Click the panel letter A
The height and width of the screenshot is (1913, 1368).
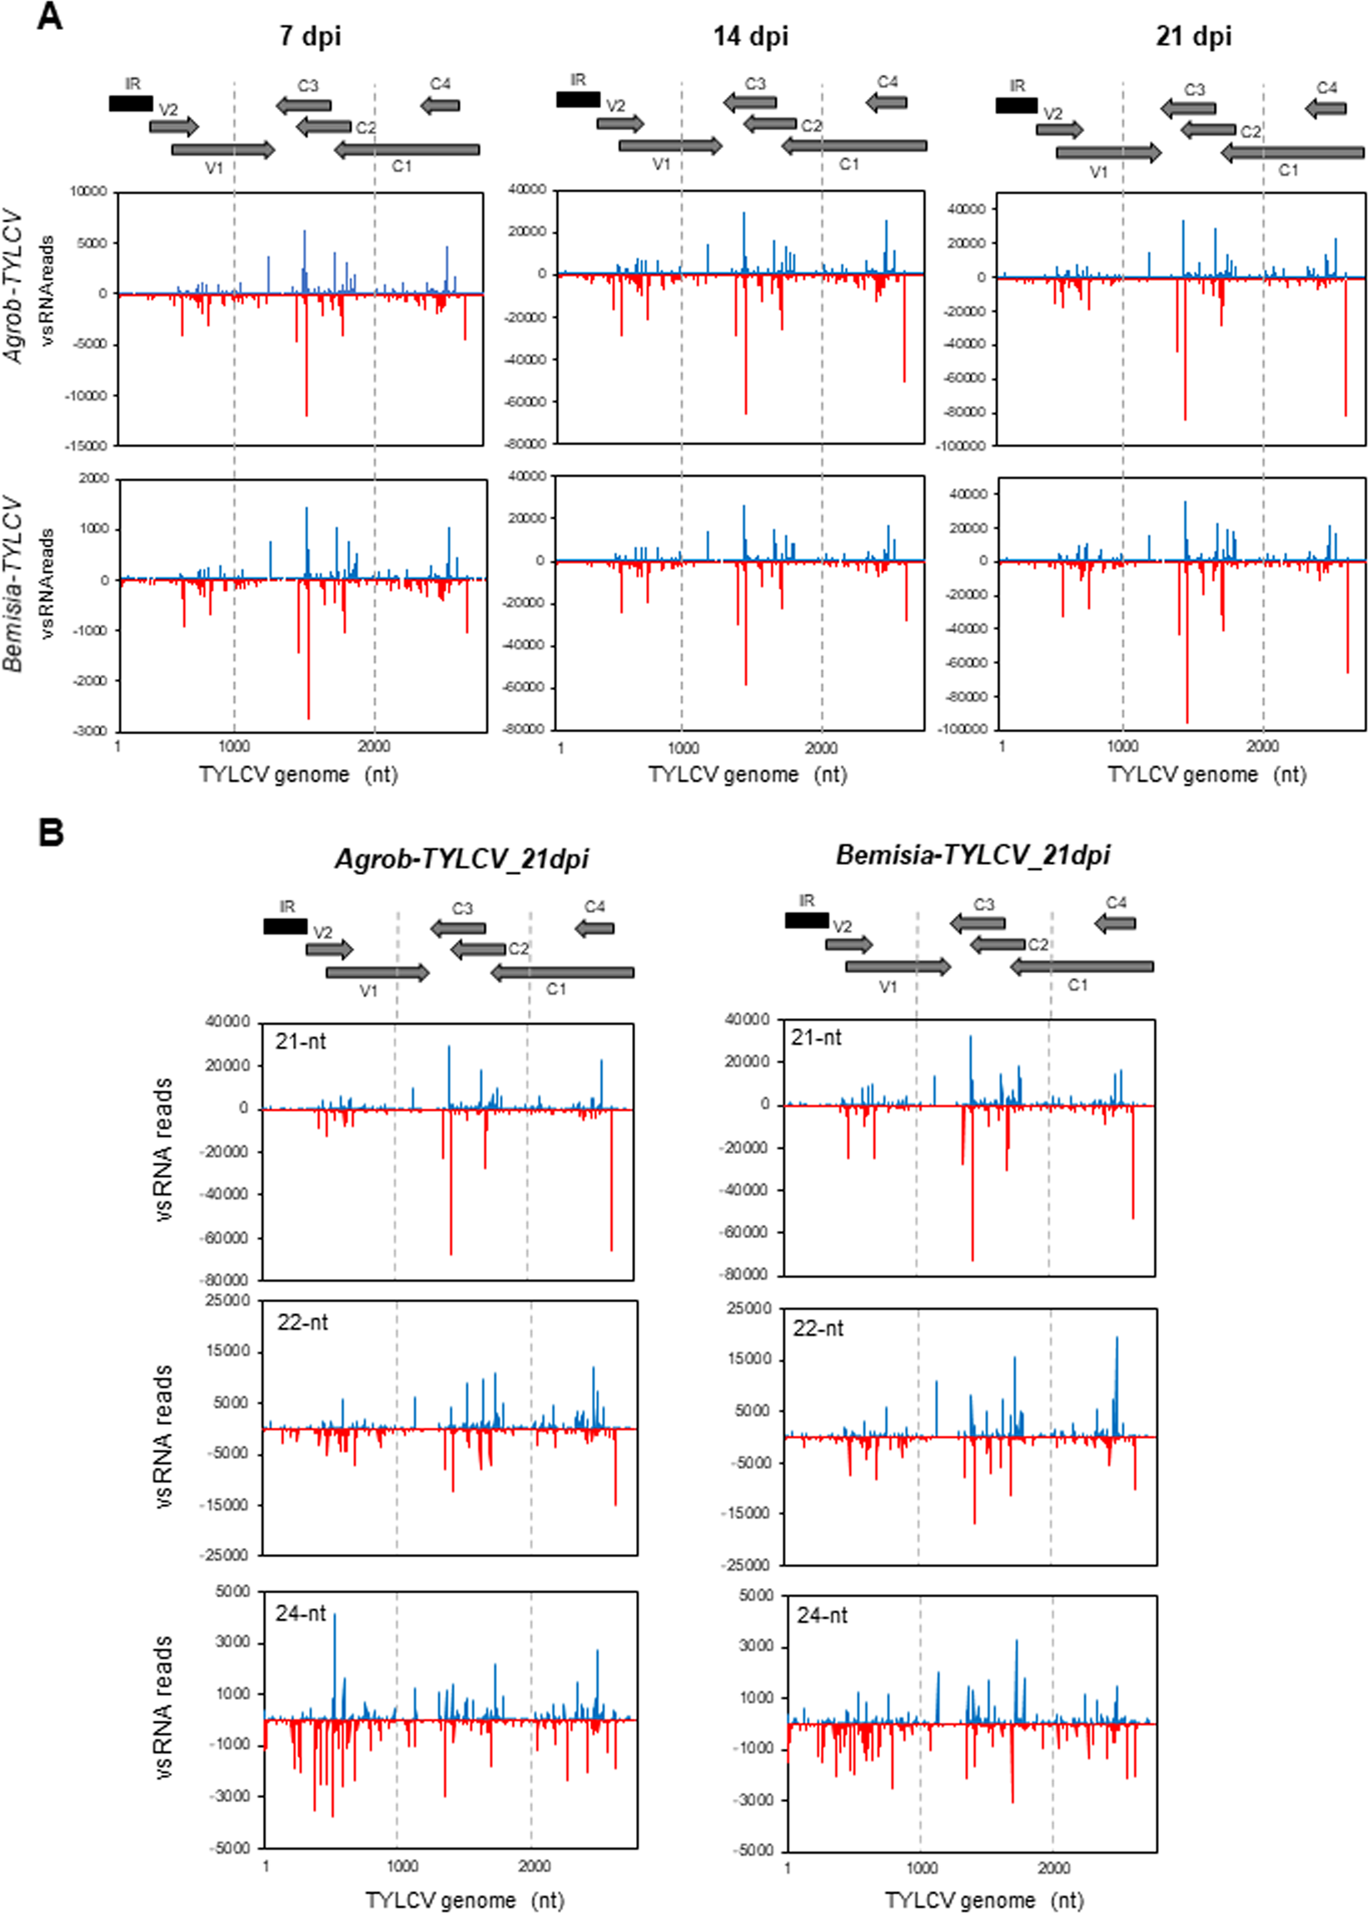point(50,17)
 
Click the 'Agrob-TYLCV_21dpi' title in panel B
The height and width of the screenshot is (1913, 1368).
point(461,859)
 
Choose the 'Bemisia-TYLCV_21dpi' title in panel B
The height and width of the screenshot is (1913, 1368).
point(973,856)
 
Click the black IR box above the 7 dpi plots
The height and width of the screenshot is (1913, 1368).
point(131,103)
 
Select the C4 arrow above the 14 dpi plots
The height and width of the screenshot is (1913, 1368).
point(886,102)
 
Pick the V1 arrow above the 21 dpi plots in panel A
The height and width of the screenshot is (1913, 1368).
point(1108,152)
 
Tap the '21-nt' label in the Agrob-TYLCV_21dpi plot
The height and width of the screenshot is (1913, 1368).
point(301,1041)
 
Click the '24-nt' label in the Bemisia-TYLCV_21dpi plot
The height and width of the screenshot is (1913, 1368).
point(822,1616)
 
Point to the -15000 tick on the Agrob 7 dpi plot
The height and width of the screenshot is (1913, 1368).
point(87,446)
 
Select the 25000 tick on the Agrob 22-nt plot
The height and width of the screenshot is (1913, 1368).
point(228,1301)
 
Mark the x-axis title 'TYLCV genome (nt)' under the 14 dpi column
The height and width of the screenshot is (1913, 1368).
point(747,775)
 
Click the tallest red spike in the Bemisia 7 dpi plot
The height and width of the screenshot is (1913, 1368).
point(308,718)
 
